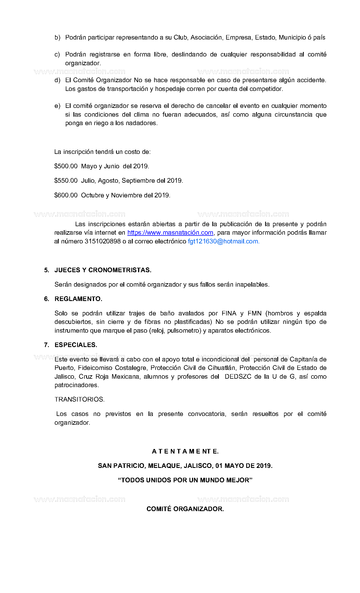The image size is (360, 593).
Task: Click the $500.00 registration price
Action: click(x=66, y=166)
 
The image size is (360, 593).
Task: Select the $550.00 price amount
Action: click(x=66, y=180)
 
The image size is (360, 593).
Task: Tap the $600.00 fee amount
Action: click(x=66, y=195)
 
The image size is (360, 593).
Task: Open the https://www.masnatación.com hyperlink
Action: click(x=170, y=233)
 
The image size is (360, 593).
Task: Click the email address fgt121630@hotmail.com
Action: click(x=223, y=241)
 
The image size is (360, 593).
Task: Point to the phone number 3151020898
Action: click(x=103, y=241)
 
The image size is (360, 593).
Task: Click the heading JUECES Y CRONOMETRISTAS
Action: click(x=103, y=270)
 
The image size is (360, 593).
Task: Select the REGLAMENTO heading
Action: click(x=78, y=299)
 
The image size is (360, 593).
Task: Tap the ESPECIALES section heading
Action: click(x=76, y=345)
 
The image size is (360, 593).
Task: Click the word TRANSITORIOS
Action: click(x=79, y=400)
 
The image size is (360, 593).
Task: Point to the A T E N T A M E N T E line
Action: click(x=185, y=452)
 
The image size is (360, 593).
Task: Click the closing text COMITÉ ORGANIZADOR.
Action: click(x=185, y=509)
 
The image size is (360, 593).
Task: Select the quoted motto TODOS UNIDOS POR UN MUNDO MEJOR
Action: click(x=185, y=480)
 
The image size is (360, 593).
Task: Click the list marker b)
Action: click(x=57, y=38)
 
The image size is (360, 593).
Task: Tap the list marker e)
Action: click(x=57, y=106)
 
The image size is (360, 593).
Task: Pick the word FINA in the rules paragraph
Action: click(x=229, y=313)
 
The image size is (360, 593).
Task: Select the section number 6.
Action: click(x=47, y=299)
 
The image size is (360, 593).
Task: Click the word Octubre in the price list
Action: click(x=93, y=195)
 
